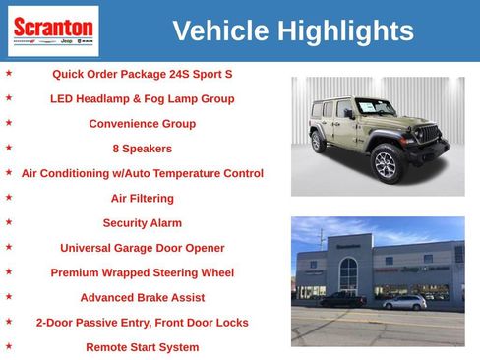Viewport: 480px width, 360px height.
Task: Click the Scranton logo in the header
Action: [53, 30]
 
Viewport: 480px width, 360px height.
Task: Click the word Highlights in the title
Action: [345, 31]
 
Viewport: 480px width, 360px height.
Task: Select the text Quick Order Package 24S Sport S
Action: [142, 74]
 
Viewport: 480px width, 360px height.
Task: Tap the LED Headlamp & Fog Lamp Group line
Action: [142, 98]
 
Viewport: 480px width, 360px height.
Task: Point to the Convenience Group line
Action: [142, 124]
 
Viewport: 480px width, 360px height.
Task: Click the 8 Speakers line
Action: [142, 149]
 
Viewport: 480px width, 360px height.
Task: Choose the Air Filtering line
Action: [142, 198]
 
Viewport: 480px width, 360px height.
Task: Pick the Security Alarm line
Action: [142, 223]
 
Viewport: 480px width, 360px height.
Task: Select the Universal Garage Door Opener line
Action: [142, 248]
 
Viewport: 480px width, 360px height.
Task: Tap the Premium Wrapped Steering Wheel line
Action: [142, 272]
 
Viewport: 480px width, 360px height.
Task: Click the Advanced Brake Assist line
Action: [142, 297]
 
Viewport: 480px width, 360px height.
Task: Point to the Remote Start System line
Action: [142, 347]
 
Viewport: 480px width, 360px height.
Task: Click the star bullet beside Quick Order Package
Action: [9, 73]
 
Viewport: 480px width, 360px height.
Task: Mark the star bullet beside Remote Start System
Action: [9, 346]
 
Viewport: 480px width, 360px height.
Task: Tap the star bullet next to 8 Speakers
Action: [9, 148]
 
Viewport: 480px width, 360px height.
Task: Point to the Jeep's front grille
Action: [429, 134]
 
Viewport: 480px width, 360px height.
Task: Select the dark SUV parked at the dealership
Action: [343, 299]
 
